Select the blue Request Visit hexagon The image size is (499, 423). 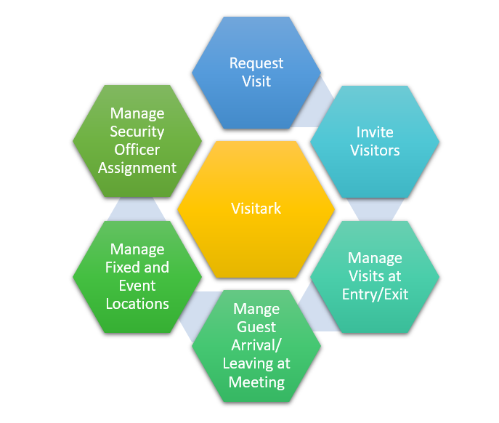click(256, 94)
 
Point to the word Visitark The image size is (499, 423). click(256, 209)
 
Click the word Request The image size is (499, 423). click(256, 63)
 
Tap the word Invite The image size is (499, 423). click(375, 132)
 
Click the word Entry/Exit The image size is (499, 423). click(375, 294)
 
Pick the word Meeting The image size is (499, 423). click(256, 382)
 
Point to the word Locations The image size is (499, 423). click(137, 304)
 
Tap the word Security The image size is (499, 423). click(137, 132)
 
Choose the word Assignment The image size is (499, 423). click(137, 168)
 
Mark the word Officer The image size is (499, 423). click(137, 150)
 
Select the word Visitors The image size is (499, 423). click(375, 150)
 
